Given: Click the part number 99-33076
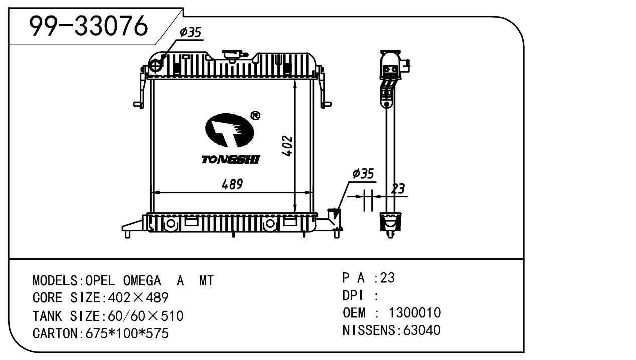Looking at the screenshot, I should click(x=89, y=26).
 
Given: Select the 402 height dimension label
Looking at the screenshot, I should click(x=287, y=146).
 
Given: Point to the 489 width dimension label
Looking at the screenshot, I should click(x=232, y=185).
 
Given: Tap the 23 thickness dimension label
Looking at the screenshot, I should click(x=398, y=189).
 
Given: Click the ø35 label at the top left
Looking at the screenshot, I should click(x=190, y=33).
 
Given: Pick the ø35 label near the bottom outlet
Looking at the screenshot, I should click(x=363, y=174).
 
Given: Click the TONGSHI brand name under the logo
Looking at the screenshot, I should click(x=231, y=160).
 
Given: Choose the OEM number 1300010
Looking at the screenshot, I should click(x=415, y=313).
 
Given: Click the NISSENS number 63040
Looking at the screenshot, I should click(x=419, y=331).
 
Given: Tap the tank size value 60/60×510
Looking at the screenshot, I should click(x=143, y=316).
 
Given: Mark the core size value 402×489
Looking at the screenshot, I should click(x=135, y=298).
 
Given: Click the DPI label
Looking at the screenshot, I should click(x=353, y=296).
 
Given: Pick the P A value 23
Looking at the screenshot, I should click(x=388, y=278).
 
